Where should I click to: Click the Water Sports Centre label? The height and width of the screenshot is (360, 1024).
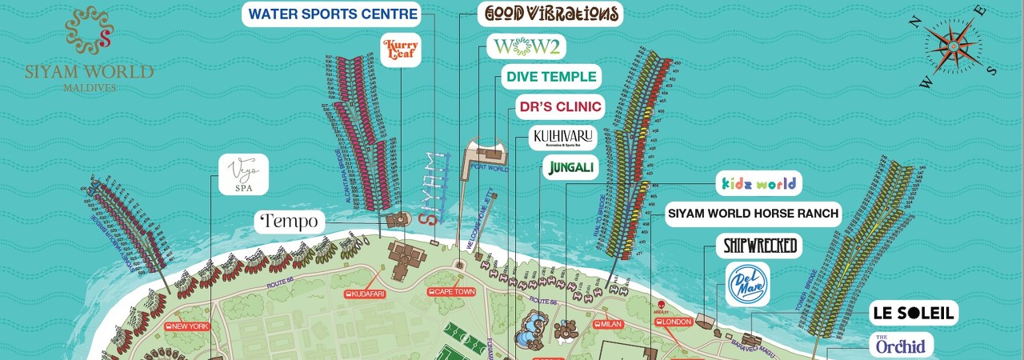pyautogui.click(x=332, y=14)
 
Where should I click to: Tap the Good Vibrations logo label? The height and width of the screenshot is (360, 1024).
pyautogui.click(x=550, y=14)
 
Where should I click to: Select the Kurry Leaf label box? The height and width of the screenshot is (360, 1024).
pyautogui.click(x=400, y=50)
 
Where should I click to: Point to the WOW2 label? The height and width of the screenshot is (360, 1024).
pyautogui.click(x=526, y=47)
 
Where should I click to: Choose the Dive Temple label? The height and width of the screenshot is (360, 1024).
pyautogui.click(x=551, y=77)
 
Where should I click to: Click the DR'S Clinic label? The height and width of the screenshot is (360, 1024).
pyautogui.click(x=560, y=106)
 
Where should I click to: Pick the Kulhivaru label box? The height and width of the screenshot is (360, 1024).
pyautogui.click(x=564, y=138)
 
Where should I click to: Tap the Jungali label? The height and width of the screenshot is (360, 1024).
pyautogui.click(x=570, y=167)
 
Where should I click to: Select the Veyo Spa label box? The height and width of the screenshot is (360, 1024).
pyautogui.click(x=243, y=174)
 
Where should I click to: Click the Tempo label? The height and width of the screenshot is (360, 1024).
pyautogui.click(x=289, y=221)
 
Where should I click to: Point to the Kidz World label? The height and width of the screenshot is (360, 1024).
pyautogui.click(x=759, y=184)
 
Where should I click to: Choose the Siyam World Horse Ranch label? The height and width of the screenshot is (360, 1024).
pyautogui.click(x=753, y=214)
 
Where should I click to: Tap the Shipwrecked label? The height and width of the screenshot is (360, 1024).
pyautogui.click(x=760, y=246)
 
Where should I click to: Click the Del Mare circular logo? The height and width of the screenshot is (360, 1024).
pyautogui.click(x=747, y=284)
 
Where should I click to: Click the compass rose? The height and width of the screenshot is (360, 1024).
pyautogui.click(x=952, y=46)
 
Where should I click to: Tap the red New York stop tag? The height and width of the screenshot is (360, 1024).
pyautogui.click(x=187, y=326)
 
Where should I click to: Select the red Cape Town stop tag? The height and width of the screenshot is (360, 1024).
pyautogui.click(x=452, y=292)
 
